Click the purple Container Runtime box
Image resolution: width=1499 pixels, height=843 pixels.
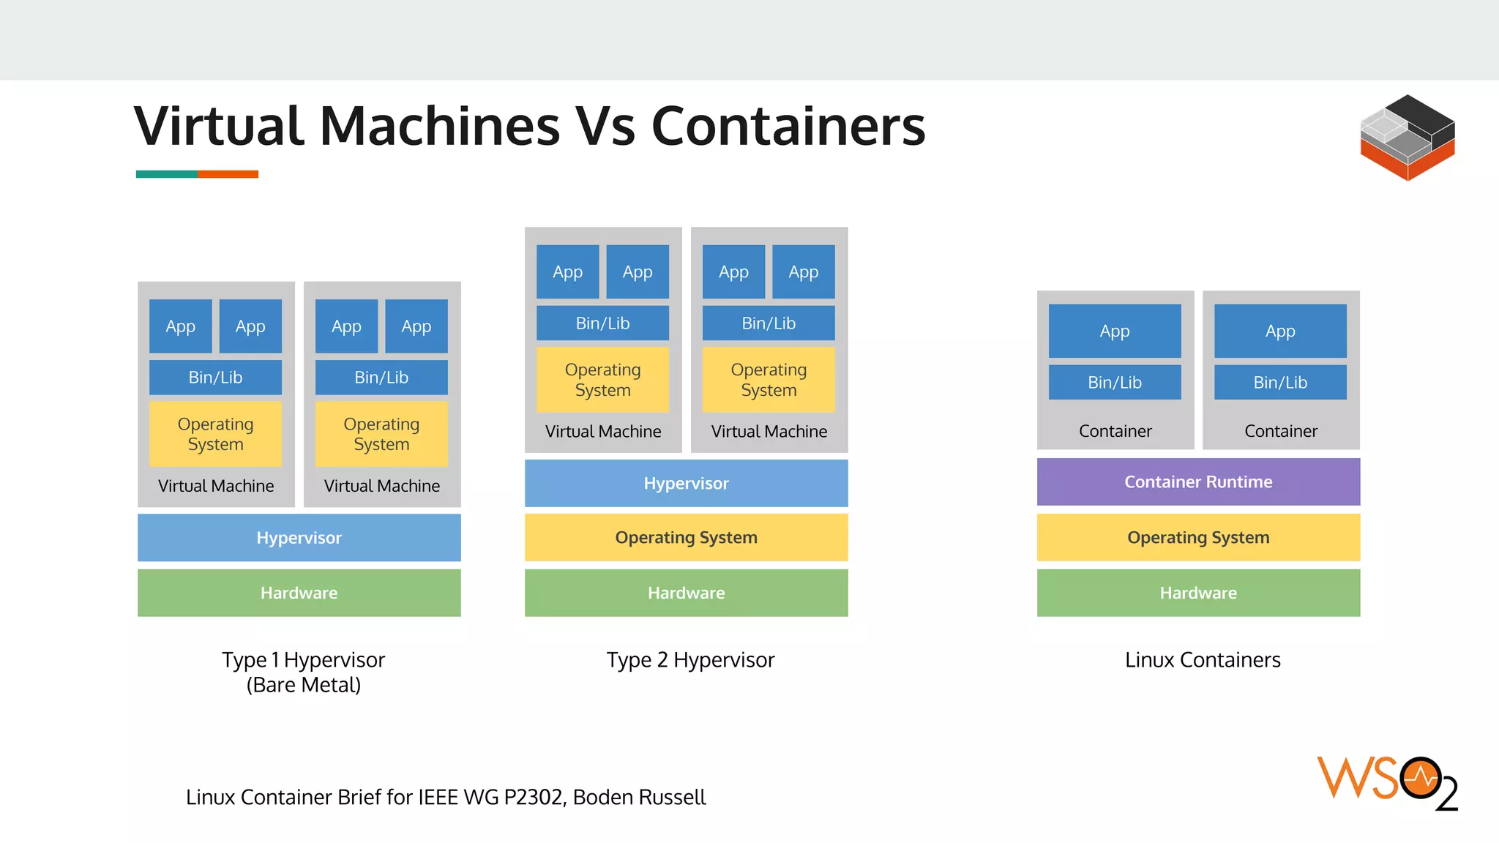1198,482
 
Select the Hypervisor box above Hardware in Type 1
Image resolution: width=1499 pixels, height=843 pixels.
299,537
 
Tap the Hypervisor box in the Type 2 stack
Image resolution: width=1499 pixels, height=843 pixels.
686,483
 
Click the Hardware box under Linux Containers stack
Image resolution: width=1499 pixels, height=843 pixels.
1198,593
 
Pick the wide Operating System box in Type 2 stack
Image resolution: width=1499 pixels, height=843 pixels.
686,537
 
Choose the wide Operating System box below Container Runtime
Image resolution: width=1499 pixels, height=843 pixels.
1198,537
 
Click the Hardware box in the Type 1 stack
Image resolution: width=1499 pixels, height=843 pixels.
299,593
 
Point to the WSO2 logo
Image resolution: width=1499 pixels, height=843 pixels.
1386,782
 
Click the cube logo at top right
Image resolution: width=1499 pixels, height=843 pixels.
1407,138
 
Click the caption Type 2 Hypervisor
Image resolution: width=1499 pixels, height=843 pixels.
690,660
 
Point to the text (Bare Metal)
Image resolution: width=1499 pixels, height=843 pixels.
303,685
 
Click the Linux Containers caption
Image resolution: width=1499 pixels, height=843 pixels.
1203,660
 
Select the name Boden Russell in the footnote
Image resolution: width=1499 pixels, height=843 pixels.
639,797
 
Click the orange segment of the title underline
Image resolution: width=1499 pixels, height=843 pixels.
228,174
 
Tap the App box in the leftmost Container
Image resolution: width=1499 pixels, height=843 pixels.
1114,331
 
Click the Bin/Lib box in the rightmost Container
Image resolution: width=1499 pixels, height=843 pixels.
1280,382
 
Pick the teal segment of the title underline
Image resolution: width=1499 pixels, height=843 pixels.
166,174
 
